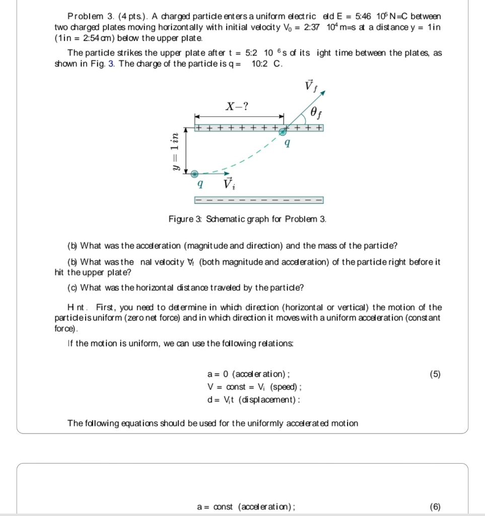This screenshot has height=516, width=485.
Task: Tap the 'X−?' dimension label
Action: (236, 106)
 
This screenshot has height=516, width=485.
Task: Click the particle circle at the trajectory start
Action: (195, 173)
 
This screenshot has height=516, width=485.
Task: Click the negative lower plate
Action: (258, 201)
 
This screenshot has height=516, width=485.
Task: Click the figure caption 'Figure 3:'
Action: (182, 219)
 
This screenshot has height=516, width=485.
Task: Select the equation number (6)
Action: (435, 506)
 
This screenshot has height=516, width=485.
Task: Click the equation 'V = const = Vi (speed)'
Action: (254, 387)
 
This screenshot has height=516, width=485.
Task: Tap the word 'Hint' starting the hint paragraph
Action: (78, 307)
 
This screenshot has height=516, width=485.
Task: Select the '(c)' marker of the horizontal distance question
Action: (73, 288)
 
